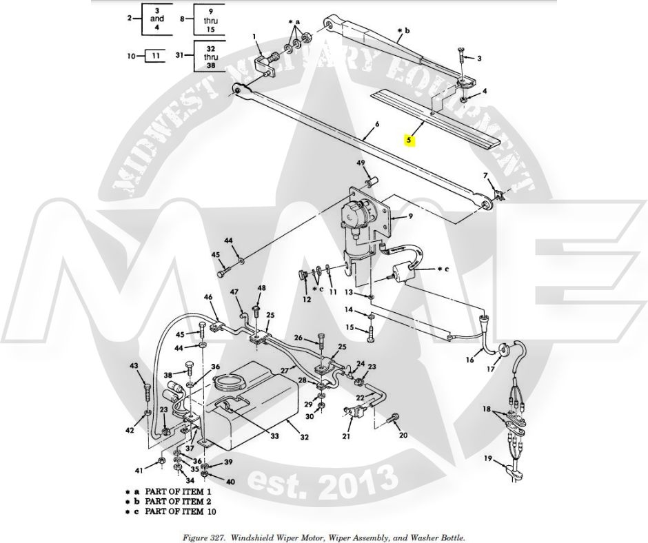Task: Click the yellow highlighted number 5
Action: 409,140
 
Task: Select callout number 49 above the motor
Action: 361,163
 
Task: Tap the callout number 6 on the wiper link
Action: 377,125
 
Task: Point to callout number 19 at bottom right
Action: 488,458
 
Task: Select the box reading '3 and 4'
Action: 156,19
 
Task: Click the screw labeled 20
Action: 394,417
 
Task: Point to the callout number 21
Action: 346,436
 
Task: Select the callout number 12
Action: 307,299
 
